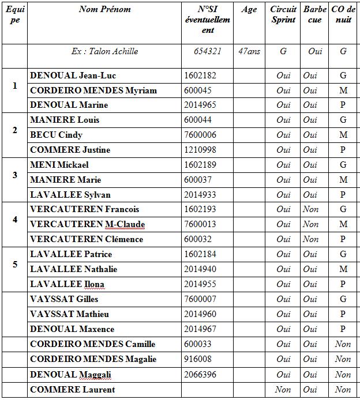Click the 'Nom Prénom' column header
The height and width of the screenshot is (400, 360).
pyautogui.click(x=105, y=9)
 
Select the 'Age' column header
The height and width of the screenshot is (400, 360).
pyautogui.click(x=249, y=9)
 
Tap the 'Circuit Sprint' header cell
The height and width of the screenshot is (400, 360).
pyautogui.click(x=283, y=14)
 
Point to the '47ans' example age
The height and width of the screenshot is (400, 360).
pyautogui.click(x=249, y=51)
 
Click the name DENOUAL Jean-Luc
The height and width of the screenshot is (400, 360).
pyautogui.click(x=73, y=76)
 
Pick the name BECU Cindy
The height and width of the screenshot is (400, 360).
pyautogui.click(x=56, y=135)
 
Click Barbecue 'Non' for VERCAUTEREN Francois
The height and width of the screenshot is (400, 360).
pyautogui.click(x=310, y=209)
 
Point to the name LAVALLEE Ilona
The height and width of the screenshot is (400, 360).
pyautogui.click(x=67, y=284)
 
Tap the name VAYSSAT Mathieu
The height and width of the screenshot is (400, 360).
pyautogui.click(x=69, y=314)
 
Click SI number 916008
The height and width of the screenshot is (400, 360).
pyautogui.click(x=196, y=359)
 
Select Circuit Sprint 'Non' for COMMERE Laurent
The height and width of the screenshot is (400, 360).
pyautogui.click(x=283, y=390)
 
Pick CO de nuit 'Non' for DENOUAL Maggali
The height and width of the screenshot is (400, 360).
pyautogui.click(x=343, y=375)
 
